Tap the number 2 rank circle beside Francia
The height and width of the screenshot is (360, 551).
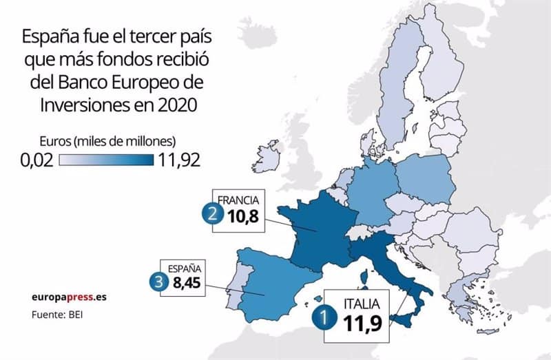[211, 215]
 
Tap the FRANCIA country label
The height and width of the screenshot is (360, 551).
[238, 200]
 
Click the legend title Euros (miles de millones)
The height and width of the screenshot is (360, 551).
[114, 141]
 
